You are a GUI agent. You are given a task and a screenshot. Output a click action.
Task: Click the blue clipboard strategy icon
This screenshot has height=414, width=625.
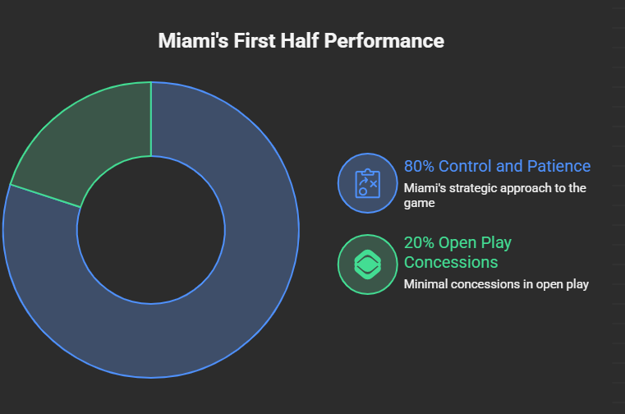367,183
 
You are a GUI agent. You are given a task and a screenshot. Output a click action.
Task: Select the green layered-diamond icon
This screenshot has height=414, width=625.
367,264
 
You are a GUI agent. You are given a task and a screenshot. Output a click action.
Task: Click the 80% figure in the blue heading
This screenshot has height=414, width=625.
419,167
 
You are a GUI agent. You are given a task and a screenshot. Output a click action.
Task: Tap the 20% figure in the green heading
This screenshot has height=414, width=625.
419,243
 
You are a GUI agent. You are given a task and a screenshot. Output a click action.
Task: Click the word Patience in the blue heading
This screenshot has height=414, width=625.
558,167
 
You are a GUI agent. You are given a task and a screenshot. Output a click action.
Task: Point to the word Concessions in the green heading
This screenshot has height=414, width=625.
451,263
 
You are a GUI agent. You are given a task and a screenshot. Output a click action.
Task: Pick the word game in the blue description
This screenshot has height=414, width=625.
418,203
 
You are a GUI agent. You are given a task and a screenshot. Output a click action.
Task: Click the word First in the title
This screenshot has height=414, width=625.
256,41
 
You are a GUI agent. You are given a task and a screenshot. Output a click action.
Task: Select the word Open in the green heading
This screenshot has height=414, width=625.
460,243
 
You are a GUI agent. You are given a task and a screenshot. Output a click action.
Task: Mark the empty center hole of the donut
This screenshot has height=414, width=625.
151,230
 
